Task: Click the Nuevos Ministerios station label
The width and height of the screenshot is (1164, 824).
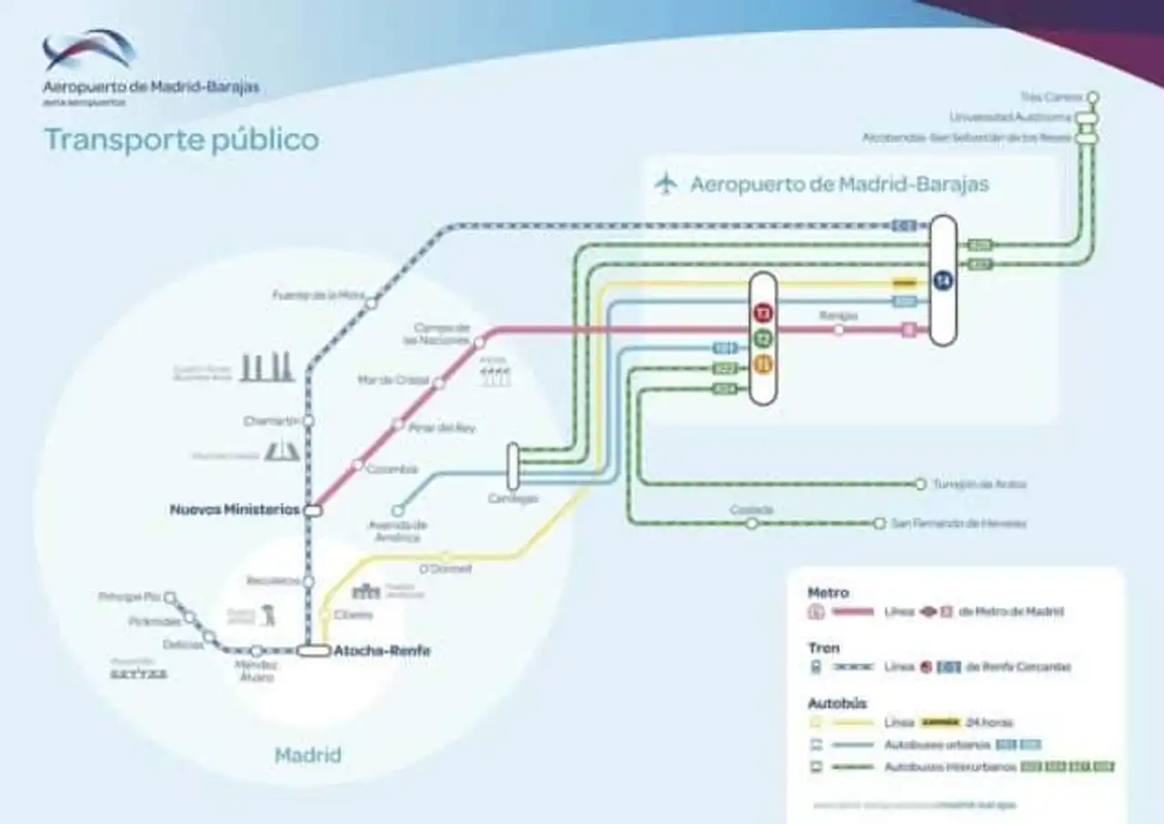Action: point(235,510)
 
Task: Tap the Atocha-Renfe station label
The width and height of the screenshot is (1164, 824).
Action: point(382,651)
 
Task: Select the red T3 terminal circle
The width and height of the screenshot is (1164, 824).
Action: point(763,314)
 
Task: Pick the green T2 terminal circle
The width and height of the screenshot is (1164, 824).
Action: point(763,339)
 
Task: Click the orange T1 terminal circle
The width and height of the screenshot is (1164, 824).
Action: point(763,365)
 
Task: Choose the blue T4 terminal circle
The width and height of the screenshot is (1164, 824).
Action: point(943,281)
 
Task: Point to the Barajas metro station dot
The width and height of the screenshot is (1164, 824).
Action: point(838,330)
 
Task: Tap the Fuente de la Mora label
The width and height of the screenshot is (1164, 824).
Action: point(318,295)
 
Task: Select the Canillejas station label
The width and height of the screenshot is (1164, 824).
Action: point(513,498)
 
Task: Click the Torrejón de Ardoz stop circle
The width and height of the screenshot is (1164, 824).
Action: point(920,484)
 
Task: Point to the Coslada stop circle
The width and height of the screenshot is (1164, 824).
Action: point(752,524)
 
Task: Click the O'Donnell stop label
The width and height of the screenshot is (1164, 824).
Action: point(446,569)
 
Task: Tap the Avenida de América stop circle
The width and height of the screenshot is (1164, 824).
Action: point(397,511)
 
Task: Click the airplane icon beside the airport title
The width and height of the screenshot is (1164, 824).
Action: point(667,184)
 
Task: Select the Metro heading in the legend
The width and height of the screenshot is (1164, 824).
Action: point(828,593)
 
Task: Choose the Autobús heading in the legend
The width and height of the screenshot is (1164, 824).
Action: point(837,703)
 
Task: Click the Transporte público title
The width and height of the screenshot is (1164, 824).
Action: point(182,140)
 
